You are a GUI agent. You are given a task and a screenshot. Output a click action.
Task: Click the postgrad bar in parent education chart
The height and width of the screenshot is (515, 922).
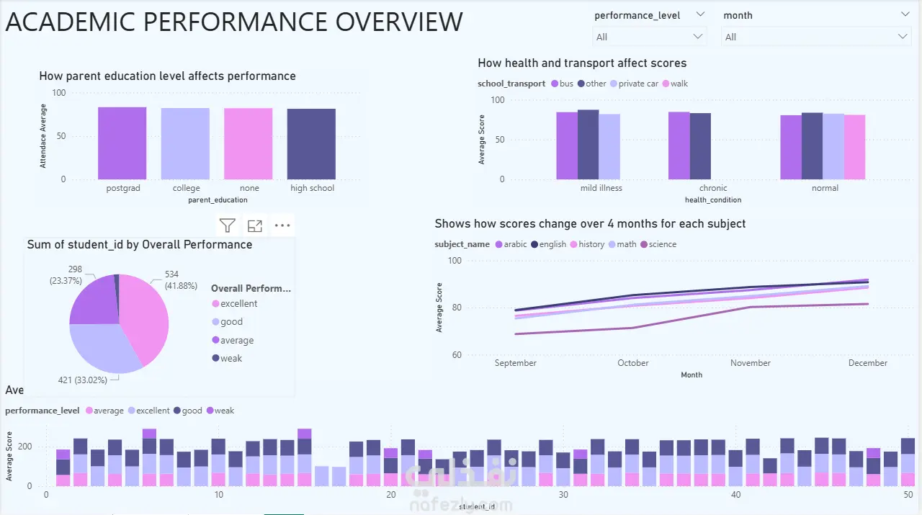tap(122, 143)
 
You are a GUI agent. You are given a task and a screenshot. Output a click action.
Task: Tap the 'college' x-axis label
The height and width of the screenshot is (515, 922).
tap(187, 188)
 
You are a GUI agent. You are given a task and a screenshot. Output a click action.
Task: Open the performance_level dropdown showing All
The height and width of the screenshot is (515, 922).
tap(649, 37)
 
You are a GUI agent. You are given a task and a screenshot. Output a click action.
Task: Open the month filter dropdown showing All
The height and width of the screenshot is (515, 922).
tap(816, 37)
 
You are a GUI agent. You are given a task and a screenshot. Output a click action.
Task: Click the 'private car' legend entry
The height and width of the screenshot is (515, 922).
tap(637, 84)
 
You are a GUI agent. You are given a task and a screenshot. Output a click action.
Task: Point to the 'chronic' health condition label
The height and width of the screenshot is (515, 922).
tap(713, 188)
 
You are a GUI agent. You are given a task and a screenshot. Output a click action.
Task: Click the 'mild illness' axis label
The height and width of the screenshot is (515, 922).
tap(601, 188)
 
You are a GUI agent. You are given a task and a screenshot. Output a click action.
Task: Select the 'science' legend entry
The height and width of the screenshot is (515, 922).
tap(662, 244)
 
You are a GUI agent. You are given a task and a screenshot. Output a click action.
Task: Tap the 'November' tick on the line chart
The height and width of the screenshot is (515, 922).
tap(751, 363)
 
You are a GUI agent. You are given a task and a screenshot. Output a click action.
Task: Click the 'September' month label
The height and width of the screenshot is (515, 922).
tap(516, 363)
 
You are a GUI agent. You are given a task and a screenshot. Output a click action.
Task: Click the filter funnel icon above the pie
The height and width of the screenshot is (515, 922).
tap(228, 226)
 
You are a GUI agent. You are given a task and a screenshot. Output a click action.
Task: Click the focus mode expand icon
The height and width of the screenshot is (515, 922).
tap(254, 226)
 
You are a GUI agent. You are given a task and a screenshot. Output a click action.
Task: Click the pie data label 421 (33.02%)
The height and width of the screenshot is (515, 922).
tap(82, 380)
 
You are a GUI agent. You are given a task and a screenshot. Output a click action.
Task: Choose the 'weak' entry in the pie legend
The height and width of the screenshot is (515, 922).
tap(230, 358)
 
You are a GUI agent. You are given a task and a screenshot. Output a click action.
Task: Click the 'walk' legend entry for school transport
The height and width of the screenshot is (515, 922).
tap(679, 84)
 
